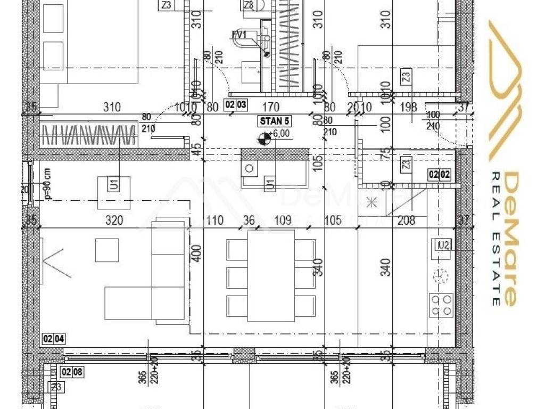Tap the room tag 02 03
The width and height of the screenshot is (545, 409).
(x=236, y=104)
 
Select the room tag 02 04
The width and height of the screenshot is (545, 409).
(x=53, y=338)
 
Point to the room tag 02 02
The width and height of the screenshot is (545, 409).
(x=440, y=174)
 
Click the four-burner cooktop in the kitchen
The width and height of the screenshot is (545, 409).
(x=441, y=306)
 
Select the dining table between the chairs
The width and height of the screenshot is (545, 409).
(x=271, y=275)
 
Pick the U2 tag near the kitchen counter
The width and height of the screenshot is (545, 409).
(x=443, y=245)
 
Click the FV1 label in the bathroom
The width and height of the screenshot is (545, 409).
(x=240, y=35)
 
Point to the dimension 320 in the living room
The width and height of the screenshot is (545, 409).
(x=114, y=220)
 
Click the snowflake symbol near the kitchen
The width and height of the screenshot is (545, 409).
(x=371, y=202)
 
